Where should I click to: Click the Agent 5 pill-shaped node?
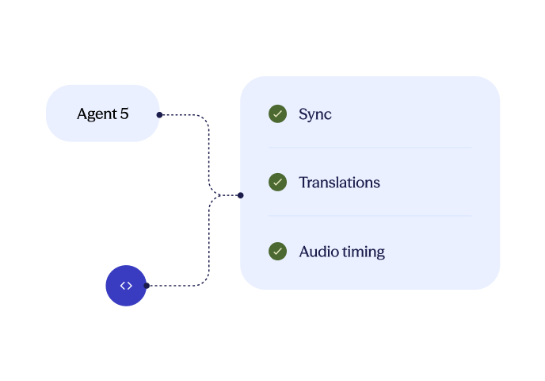[102, 114]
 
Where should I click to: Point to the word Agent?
[96, 114]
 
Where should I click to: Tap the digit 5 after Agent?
[124, 114]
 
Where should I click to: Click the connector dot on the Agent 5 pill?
[159, 115]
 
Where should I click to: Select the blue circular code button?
[126, 286]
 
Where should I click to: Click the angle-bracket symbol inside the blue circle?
[126, 286]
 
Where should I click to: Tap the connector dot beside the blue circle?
[147, 286]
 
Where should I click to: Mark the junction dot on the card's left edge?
[240, 194]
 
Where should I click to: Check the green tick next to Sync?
[277, 114]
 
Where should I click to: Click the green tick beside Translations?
[277, 183]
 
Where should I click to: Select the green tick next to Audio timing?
[277, 252]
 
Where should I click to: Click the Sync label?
[315, 114]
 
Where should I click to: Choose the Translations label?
[339, 183]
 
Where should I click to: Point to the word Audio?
[318, 252]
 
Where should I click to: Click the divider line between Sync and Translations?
[370, 148]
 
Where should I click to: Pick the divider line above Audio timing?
[370, 216]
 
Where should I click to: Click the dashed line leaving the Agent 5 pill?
[186, 115]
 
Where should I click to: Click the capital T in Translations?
[303, 183]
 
